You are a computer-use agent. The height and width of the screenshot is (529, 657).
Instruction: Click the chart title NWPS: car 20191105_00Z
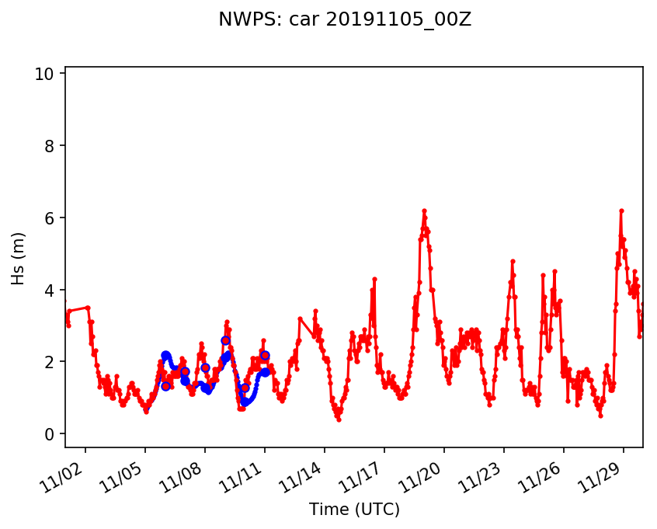click(345, 19)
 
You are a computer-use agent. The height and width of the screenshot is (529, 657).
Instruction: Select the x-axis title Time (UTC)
click(354, 510)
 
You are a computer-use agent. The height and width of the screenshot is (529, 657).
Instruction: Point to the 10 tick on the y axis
click(43, 74)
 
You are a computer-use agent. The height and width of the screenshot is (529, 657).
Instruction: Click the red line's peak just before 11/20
click(424, 211)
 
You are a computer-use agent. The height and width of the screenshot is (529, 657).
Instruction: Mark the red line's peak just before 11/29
click(621, 211)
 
